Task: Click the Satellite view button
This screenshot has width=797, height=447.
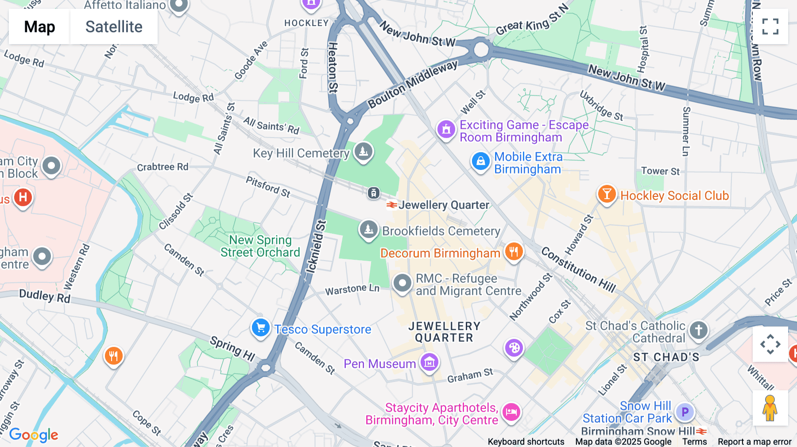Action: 114,27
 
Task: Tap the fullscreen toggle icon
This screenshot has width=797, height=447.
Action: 770,27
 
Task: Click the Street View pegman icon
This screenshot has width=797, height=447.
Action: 770,408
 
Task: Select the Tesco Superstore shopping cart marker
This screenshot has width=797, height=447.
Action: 261,328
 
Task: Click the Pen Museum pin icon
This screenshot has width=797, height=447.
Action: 429,362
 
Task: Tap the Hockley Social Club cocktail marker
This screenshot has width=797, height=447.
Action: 607,194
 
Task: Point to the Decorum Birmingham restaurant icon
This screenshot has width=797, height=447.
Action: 514,252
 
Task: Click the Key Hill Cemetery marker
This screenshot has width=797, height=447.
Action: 364,151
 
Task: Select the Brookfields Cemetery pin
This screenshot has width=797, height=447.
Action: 368,229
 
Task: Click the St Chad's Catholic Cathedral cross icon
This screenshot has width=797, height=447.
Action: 699,330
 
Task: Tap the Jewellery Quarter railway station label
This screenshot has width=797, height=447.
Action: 443,205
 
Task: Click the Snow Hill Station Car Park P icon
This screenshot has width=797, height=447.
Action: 685,412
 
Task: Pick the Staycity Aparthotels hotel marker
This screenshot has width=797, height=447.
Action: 511,412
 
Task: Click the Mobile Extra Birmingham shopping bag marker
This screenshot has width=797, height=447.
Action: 480,161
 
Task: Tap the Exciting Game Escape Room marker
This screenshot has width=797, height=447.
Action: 446,129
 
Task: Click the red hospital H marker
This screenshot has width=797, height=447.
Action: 23,197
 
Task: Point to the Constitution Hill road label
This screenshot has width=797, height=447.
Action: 578,270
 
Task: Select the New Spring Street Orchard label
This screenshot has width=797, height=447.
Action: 260,246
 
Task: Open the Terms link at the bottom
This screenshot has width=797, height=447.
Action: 694,441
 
